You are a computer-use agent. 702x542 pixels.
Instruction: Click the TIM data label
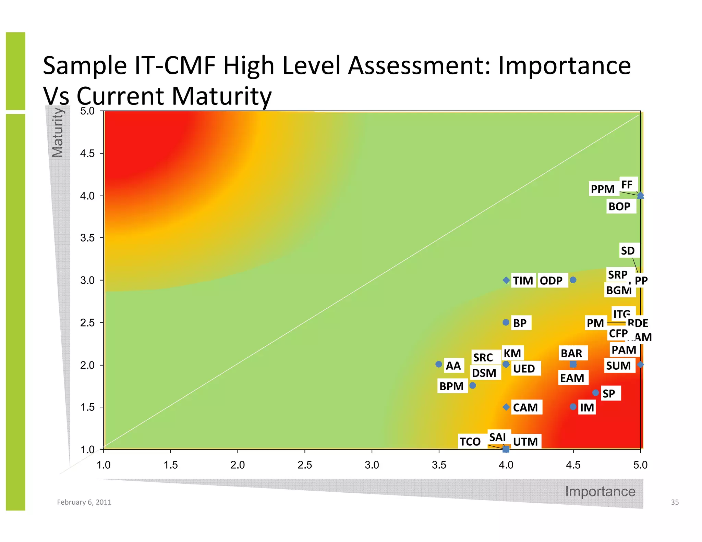pyautogui.click(x=523, y=281)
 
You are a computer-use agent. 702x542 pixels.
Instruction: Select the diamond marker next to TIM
pyautogui.click(x=506, y=280)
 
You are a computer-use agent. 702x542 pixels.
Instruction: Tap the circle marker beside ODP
pyautogui.click(x=573, y=280)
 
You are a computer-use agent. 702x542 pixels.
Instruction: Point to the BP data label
pyautogui.click(x=520, y=323)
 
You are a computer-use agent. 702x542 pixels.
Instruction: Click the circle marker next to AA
pyautogui.click(x=439, y=364)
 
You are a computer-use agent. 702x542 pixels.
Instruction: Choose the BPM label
pyautogui.click(x=451, y=386)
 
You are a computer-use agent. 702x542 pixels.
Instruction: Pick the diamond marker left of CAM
pyautogui.click(x=506, y=407)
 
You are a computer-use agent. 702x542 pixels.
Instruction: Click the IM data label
pyautogui.click(x=587, y=408)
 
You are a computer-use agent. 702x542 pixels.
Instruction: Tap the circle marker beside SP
pyautogui.click(x=596, y=393)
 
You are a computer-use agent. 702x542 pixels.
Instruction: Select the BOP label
pyautogui.click(x=619, y=207)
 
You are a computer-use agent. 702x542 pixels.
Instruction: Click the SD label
pyautogui.click(x=628, y=251)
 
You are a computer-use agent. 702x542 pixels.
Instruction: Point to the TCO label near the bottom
pyautogui.click(x=470, y=442)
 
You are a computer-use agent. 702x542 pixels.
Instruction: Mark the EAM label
pyautogui.click(x=572, y=378)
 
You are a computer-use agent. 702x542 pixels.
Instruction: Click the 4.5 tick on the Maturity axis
pyautogui.click(x=87, y=153)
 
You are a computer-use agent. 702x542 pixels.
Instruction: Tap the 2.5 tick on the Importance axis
pyautogui.click(x=305, y=465)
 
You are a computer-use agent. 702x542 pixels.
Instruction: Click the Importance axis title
pyautogui.click(x=600, y=491)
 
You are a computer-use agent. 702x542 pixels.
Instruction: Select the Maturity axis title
pyautogui.click(x=58, y=132)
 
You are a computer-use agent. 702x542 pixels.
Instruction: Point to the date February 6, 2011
pyautogui.click(x=84, y=502)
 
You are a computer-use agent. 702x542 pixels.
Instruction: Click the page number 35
pyautogui.click(x=675, y=502)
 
